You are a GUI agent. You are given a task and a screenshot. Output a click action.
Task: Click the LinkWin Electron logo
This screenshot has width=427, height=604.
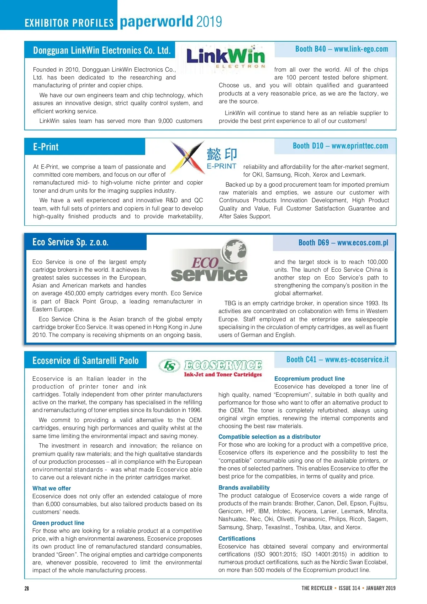226,57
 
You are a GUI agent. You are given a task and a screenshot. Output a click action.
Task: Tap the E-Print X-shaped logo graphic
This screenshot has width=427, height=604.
188,157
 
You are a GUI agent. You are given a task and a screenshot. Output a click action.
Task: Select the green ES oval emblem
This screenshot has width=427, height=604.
170,365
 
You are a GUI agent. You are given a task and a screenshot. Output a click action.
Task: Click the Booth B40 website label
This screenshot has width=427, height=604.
341,49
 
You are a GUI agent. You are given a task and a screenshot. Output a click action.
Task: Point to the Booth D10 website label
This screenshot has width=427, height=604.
340,146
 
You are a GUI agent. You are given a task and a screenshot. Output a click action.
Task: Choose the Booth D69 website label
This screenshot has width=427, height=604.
343,243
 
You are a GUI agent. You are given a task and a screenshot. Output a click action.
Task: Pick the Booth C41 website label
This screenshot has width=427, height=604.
337,360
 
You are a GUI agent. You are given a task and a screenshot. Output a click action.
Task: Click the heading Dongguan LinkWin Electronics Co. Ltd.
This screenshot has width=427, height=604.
102,50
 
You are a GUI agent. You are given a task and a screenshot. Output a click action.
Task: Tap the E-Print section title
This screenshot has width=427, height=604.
46,147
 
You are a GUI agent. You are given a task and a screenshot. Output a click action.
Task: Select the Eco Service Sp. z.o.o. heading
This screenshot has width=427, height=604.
70,242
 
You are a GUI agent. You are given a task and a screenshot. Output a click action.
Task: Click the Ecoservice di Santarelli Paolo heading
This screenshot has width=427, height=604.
85,360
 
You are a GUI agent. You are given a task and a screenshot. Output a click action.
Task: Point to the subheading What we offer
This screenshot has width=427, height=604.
52,488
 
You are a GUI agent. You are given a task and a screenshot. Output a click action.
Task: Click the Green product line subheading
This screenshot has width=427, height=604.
58,523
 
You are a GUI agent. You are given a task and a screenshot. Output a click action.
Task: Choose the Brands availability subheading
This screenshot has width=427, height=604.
244,488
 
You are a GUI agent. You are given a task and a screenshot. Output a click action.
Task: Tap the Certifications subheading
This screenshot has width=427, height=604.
237,538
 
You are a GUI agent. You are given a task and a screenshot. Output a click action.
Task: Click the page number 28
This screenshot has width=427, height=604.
27,588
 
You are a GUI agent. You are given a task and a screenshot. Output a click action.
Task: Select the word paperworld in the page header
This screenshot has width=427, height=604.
157,22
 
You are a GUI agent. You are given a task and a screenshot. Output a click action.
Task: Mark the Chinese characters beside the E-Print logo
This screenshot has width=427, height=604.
222,154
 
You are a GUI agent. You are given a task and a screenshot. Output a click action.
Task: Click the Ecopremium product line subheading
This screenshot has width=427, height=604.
310,379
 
